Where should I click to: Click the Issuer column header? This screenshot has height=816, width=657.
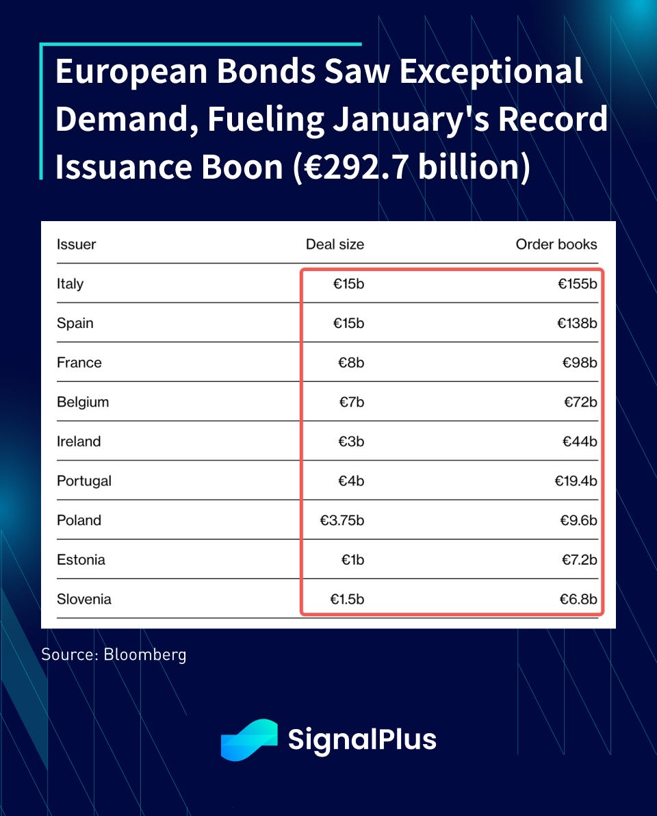[76, 244]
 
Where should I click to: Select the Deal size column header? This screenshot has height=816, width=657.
[335, 244]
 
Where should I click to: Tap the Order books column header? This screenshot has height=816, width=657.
[556, 244]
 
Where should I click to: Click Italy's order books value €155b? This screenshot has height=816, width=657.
[577, 283]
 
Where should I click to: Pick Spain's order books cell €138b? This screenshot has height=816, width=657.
[577, 323]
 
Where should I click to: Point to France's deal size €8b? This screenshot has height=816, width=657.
[351, 363]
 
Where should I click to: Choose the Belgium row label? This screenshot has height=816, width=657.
[83, 402]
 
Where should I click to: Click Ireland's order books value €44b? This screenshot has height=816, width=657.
[580, 442]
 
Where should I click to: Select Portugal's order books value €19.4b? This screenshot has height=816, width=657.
[576, 481]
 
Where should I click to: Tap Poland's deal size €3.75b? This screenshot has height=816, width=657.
[342, 520]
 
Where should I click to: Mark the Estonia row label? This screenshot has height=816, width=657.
[81, 560]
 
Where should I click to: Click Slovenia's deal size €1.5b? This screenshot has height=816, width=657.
[347, 599]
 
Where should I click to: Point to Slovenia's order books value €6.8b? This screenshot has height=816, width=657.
[579, 599]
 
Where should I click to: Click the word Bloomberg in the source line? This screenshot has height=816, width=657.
[144, 654]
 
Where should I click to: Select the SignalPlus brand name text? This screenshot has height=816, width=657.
[361, 740]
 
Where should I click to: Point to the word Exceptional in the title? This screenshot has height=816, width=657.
[491, 73]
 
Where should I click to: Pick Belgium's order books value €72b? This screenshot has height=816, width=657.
[580, 402]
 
